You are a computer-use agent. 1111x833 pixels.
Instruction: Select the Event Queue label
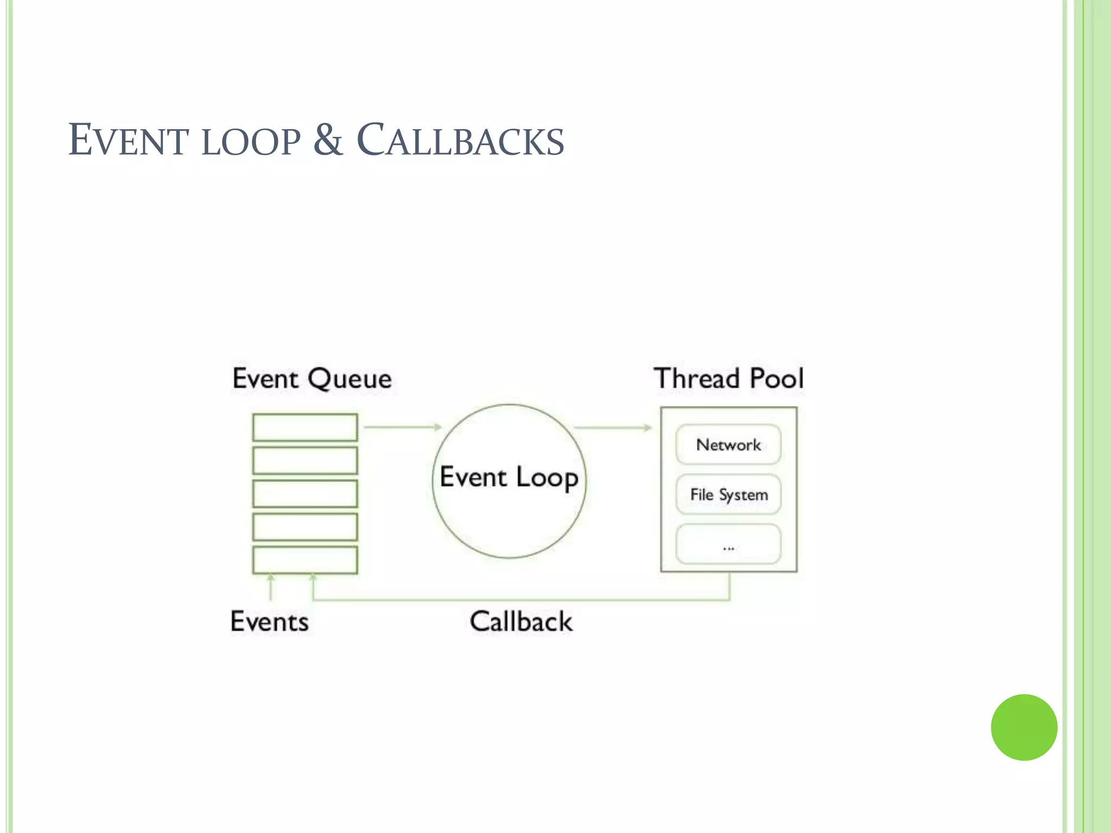tap(312, 379)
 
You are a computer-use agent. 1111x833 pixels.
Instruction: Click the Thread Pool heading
tap(729, 379)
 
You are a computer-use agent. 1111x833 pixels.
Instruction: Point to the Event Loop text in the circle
tap(509, 478)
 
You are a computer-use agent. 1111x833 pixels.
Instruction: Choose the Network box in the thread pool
tap(728, 445)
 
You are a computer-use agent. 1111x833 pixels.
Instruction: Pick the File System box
tap(728, 495)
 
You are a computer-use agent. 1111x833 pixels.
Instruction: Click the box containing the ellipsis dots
tap(728, 544)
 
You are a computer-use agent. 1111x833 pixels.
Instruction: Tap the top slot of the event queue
tap(305, 427)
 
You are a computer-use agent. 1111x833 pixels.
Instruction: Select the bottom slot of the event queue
tap(305, 560)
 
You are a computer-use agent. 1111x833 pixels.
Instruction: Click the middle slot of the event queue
tap(305, 494)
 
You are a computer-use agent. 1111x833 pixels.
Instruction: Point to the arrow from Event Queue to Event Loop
tap(403, 427)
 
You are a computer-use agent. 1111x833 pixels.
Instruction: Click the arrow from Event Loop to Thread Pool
tap(612, 427)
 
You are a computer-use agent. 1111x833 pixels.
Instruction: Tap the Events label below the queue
tap(270, 621)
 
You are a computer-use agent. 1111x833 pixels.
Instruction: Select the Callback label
tap(521, 621)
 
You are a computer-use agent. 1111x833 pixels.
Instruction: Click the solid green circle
tap(1024, 727)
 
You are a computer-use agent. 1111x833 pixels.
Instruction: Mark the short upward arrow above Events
tap(271, 588)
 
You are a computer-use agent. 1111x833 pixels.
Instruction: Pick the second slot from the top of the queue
tap(305, 460)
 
